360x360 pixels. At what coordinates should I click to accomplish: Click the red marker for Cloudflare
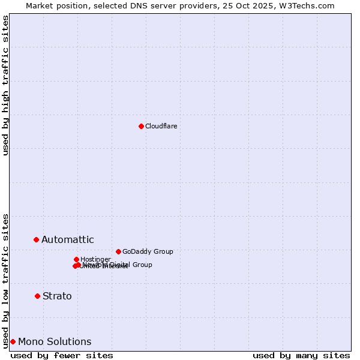(141, 126)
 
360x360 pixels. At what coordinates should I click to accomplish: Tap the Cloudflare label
(161, 126)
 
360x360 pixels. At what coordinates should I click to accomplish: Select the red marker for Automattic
(36, 239)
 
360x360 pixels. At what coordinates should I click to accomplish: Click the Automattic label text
(67, 239)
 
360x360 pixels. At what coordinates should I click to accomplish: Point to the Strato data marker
(37, 296)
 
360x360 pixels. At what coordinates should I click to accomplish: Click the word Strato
(57, 296)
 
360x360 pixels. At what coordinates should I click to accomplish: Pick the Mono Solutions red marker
(13, 341)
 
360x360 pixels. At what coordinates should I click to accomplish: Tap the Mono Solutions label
(55, 341)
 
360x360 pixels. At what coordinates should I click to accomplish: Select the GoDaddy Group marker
(118, 251)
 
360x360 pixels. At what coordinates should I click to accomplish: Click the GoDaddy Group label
(148, 251)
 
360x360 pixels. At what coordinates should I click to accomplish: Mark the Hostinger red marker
(76, 259)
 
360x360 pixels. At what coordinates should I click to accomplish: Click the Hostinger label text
(95, 259)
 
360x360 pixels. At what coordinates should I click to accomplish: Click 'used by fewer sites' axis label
(62, 355)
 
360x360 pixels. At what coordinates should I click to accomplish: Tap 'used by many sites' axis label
(301, 355)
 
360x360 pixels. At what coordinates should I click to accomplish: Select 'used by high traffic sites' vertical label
(5, 85)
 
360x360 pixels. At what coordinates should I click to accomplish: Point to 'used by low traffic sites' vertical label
(5, 280)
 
